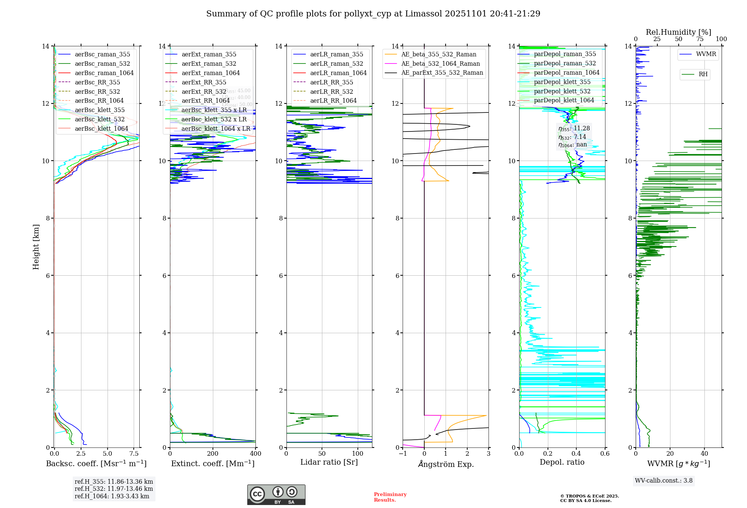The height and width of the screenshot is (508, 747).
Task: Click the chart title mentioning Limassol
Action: pos(373,14)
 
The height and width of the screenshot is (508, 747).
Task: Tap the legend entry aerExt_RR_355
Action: pos(204,82)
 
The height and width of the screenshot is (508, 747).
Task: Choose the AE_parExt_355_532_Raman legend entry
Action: pos(442,72)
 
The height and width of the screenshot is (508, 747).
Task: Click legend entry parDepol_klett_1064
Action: pos(564,100)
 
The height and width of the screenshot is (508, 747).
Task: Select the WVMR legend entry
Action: pos(706,54)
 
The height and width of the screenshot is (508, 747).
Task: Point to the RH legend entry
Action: pos(703,74)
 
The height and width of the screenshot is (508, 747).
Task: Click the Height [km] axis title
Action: pos(36,247)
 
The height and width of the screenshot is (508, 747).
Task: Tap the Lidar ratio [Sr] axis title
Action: pos(329,462)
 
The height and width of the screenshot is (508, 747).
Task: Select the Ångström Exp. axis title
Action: pos(446,464)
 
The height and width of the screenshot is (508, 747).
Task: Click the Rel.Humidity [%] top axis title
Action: pos(678,32)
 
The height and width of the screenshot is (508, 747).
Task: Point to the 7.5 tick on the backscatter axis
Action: pos(134,453)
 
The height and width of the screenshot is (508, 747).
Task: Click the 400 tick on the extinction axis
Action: pos(255,453)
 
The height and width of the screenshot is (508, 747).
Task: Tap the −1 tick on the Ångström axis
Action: pos(403,453)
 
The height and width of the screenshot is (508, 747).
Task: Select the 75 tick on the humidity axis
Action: pos(700,39)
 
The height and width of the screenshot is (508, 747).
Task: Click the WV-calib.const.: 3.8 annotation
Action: pos(663,480)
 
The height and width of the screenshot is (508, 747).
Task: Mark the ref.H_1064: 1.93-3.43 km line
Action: pos(112,496)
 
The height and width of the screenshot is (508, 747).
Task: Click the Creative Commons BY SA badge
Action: pos(276,495)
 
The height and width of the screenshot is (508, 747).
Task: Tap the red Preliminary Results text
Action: pos(390,497)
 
